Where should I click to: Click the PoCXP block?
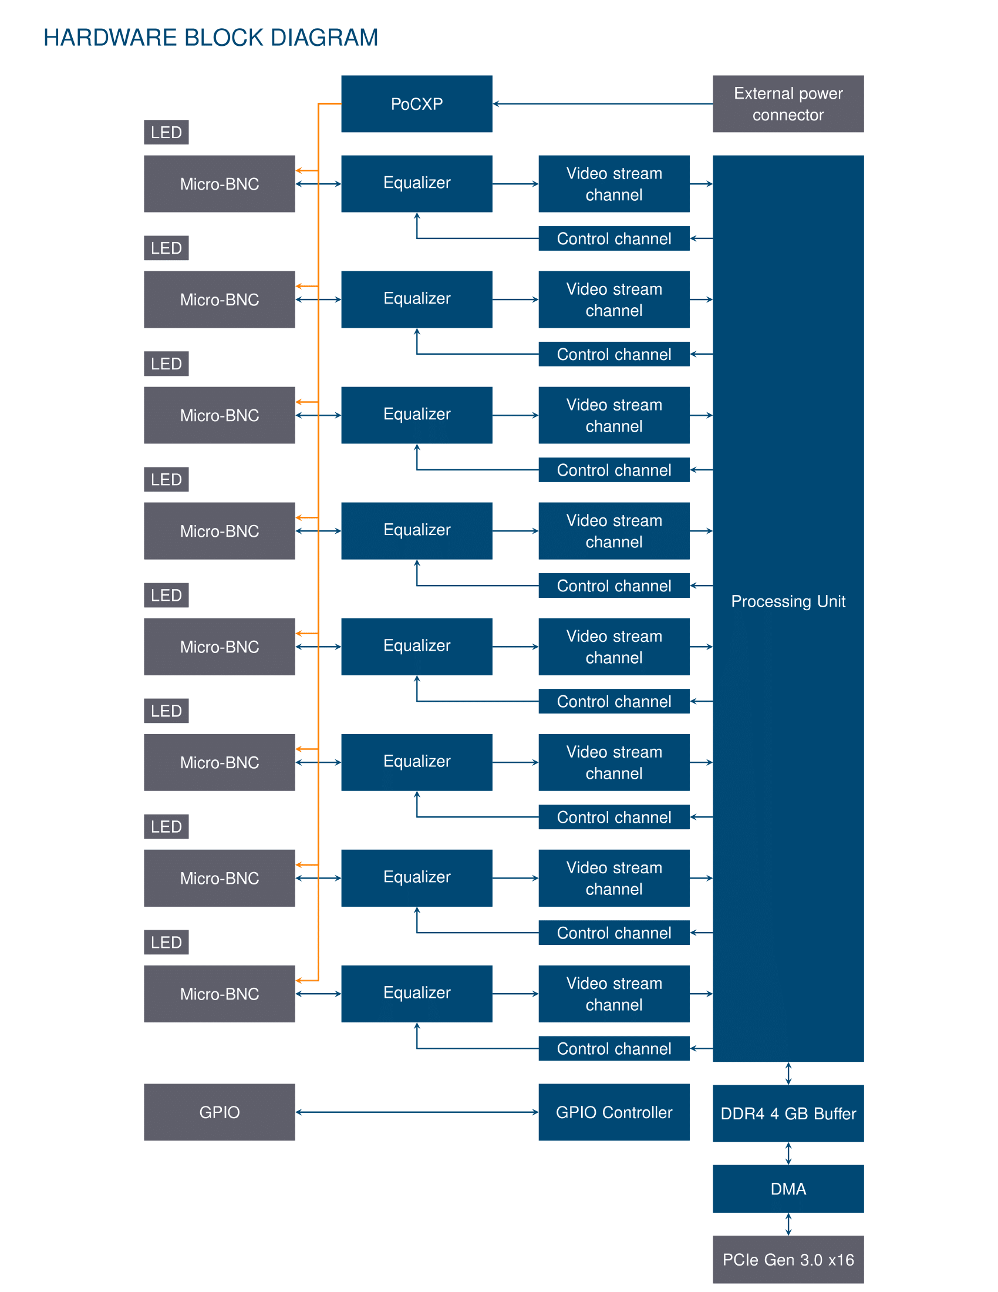click(416, 103)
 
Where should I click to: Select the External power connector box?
click(788, 103)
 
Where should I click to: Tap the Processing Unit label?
click(788, 601)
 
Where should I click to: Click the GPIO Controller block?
click(613, 1112)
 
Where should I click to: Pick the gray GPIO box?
click(220, 1112)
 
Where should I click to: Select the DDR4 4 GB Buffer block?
click(788, 1113)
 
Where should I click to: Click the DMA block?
click(788, 1189)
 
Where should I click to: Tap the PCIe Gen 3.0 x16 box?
click(788, 1260)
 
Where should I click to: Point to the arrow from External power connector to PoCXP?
click(602, 103)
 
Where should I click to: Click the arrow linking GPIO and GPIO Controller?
click(417, 1112)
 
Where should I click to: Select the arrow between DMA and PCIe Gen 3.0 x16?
click(788, 1224)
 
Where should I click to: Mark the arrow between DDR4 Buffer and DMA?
click(788, 1153)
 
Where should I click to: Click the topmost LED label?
click(166, 132)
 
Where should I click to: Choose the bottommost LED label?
click(166, 942)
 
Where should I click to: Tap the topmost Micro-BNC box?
click(220, 184)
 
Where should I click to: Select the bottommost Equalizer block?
click(416, 994)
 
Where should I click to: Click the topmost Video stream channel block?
click(613, 184)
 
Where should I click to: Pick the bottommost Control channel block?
click(613, 1048)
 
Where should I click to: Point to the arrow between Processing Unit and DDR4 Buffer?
click(788, 1074)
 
